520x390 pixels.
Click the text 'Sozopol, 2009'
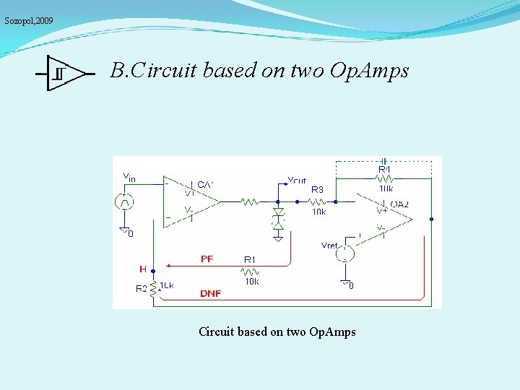click(x=29, y=21)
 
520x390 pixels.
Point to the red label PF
click(x=207, y=259)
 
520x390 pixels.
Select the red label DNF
click(x=211, y=293)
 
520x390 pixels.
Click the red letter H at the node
click(x=142, y=269)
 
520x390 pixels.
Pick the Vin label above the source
click(x=129, y=176)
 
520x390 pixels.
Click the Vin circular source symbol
click(x=124, y=202)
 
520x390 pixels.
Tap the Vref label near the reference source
click(x=329, y=246)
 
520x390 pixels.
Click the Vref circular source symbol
click(x=347, y=253)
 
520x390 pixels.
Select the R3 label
click(x=317, y=190)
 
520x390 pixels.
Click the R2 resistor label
click(x=142, y=288)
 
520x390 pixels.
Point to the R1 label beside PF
click(x=250, y=259)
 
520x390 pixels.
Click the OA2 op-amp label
click(x=399, y=204)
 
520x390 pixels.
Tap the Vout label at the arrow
click(x=296, y=181)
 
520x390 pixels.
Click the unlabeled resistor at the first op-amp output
click(x=250, y=203)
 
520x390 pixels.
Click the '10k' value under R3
click(x=318, y=212)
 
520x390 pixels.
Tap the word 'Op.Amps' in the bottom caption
click(x=331, y=332)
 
